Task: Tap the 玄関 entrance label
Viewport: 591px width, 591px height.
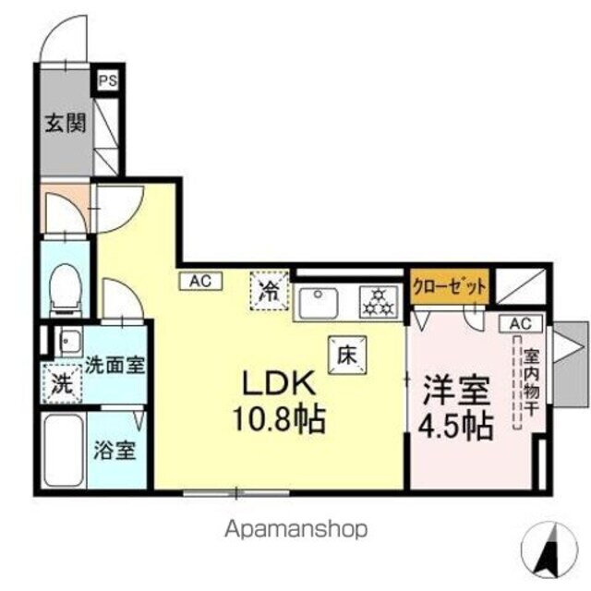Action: point(66,122)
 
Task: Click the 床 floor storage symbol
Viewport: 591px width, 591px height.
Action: point(347,352)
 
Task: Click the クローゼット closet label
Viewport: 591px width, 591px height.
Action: point(449,287)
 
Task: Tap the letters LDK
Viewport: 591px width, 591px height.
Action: point(281,383)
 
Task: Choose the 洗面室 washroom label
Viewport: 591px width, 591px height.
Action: point(115,364)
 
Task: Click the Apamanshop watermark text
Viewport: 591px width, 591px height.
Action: point(295,529)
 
